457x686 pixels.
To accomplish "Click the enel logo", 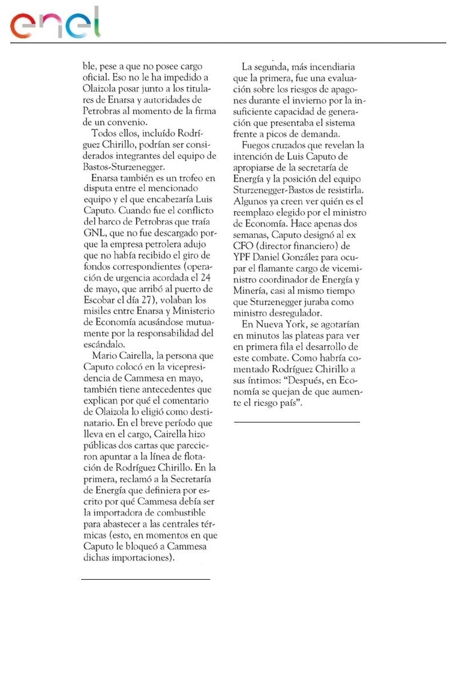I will click(55, 23).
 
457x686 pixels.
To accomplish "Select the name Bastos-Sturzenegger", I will click(123, 166).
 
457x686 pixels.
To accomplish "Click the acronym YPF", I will click(244, 257).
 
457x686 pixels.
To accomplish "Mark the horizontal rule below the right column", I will click(297, 422).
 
